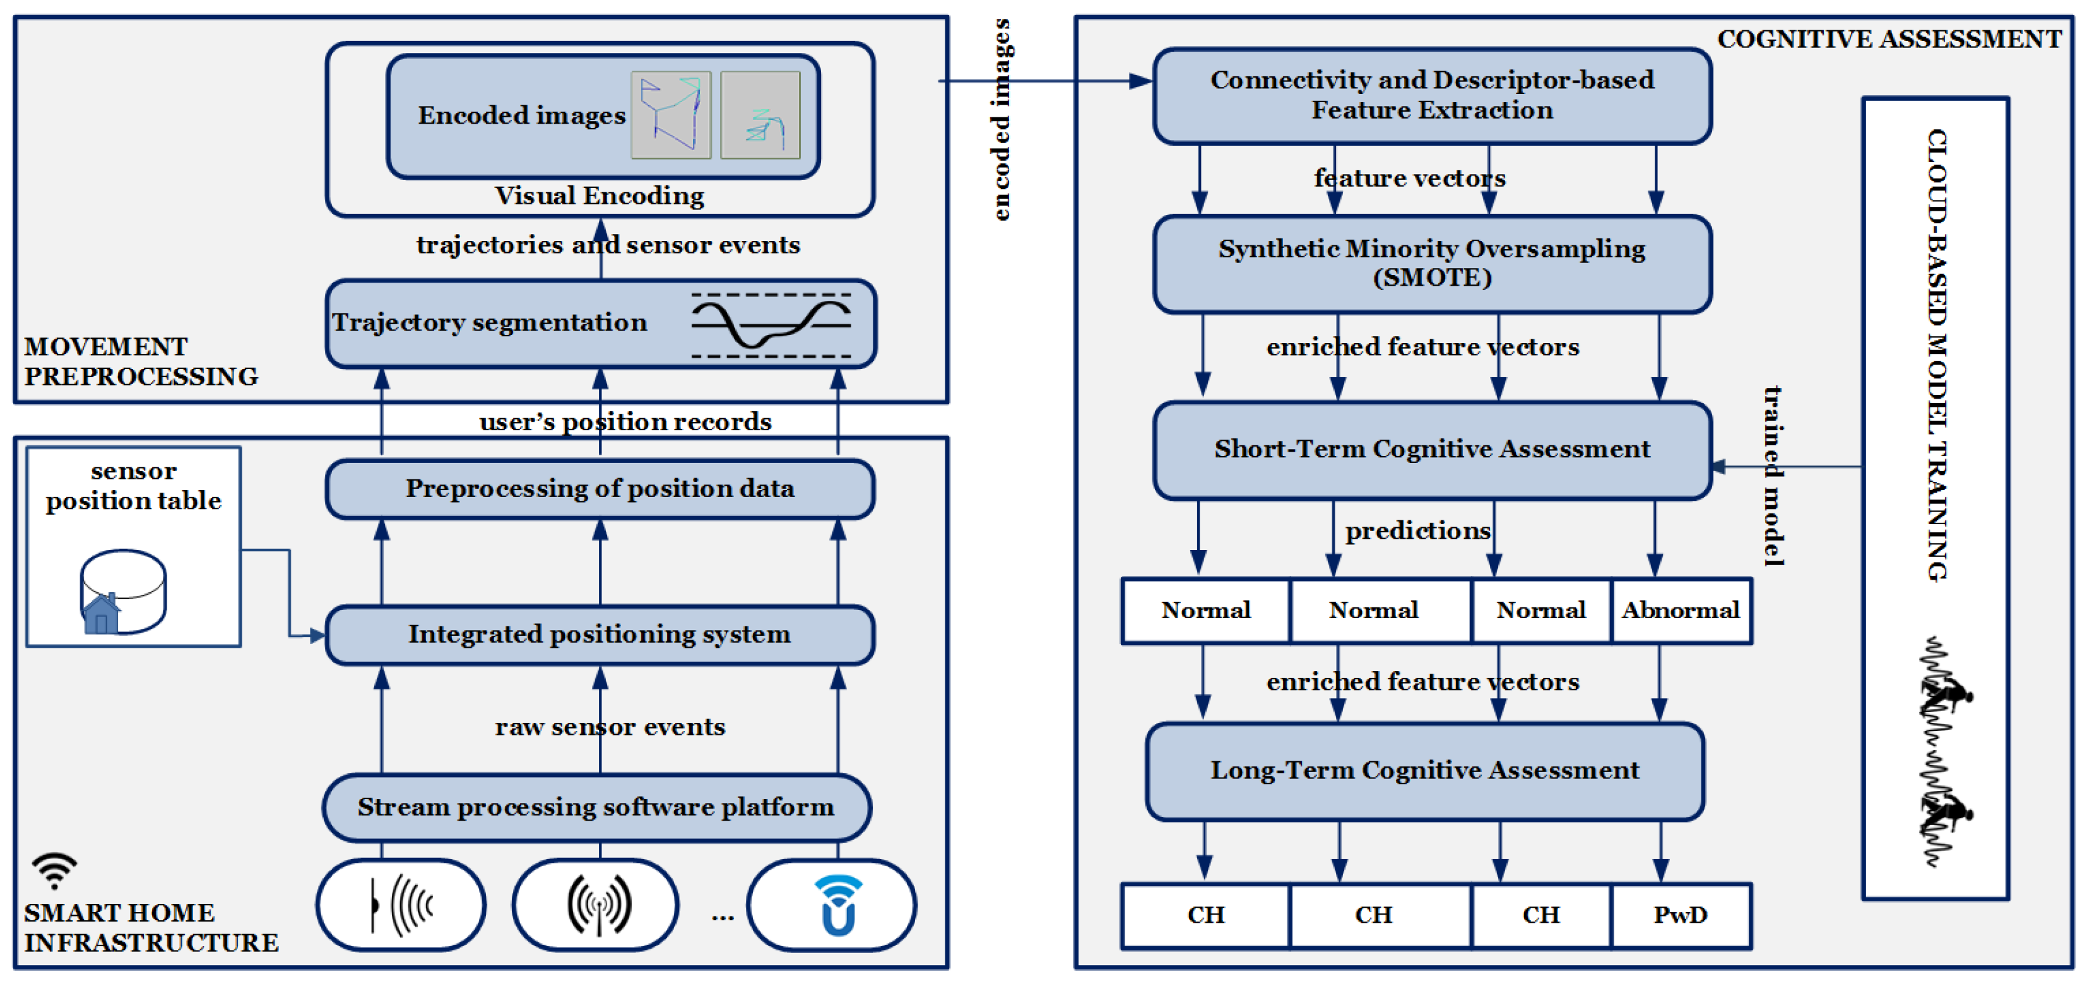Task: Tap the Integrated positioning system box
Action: (x=600, y=635)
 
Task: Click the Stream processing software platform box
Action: (x=597, y=807)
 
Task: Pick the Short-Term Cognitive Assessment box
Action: (x=1433, y=450)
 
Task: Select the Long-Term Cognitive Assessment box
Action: (x=1425, y=771)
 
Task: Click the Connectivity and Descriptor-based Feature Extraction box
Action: (x=1433, y=96)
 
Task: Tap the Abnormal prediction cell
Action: (x=1681, y=611)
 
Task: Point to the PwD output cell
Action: (x=1681, y=915)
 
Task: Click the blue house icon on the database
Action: (x=101, y=613)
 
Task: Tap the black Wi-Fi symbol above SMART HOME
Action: (x=54, y=870)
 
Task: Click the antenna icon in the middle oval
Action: (x=599, y=904)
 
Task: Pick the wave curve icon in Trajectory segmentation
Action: (x=771, y=325)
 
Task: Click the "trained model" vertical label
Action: (x=1773, y=476)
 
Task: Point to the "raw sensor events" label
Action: (x=610, y=727)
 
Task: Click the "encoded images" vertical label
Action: (x=1002, y=119)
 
